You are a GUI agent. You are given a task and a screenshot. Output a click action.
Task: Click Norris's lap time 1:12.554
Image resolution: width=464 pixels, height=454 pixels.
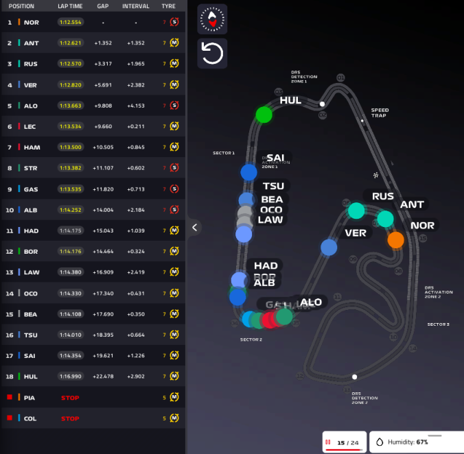tap(70, 22)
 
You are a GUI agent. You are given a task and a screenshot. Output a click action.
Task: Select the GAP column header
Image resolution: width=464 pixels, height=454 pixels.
tap(103, 6)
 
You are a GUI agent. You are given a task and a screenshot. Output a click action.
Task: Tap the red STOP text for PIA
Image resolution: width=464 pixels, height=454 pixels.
tap(70, 398)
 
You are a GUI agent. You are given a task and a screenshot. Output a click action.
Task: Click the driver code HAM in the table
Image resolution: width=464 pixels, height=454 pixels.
tap(31, 147)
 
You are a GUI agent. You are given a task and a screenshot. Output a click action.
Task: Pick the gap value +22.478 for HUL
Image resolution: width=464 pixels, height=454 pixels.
tap(103, 377)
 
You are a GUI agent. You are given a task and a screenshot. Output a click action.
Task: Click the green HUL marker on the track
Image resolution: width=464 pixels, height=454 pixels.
tap(264, 115)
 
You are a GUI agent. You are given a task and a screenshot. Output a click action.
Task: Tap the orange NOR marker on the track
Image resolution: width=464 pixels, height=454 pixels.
tap(395, 240)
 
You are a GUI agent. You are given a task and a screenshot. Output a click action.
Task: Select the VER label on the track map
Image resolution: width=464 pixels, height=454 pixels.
tap(356, 232)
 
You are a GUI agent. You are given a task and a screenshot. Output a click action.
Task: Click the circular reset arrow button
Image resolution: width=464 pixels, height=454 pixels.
tap(212, 53)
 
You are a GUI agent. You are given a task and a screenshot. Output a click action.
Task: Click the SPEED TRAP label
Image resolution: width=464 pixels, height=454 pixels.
tap(380, 113)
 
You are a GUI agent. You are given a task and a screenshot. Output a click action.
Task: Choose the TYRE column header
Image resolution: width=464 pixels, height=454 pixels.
tap(168, 6)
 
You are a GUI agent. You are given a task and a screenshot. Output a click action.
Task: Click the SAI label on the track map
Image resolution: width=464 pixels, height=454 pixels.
tap(275, 158)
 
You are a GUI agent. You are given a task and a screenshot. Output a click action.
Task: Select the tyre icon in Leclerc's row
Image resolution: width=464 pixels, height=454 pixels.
tap(174, 126)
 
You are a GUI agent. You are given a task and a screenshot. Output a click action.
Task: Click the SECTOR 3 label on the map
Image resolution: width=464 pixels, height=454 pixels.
tap(438, 324)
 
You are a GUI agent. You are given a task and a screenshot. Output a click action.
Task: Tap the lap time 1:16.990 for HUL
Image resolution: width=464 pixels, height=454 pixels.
tap(70, 377)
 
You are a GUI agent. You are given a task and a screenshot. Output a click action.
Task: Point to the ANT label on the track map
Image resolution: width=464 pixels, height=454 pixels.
tap(412, 204)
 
